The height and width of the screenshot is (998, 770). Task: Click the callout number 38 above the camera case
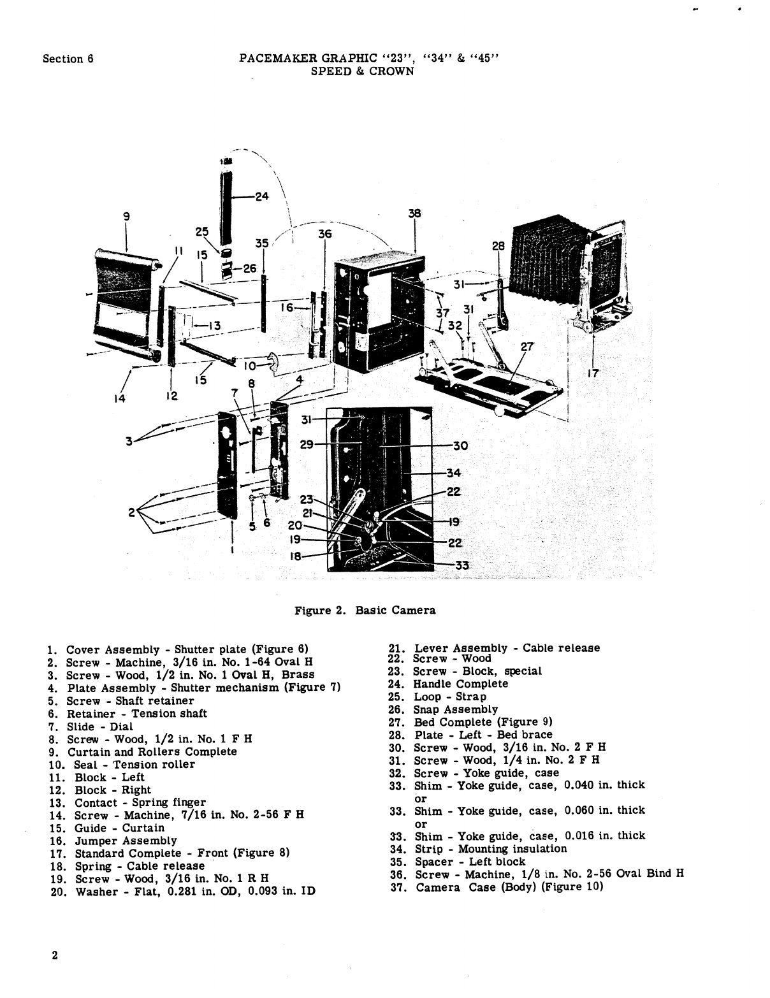[415, 214]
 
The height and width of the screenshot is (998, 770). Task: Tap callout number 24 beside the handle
[261, 197]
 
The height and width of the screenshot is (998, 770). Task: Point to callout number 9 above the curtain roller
[126, 216]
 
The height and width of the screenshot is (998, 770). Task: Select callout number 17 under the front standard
[593, 374]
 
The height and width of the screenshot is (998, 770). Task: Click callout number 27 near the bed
[527, 347]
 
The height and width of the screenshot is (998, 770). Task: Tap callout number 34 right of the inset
[453, 473]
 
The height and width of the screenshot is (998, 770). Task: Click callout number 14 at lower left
[119, 399]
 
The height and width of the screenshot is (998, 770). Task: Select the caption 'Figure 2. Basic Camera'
[365, 611]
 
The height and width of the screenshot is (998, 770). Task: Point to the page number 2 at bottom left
[55, 956]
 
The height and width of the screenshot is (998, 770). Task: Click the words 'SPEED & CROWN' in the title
[362, 71]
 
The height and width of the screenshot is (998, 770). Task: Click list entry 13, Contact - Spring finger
[127, 803]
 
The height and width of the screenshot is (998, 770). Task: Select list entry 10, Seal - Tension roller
[122, 765]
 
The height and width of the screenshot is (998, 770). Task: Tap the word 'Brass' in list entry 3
[298, 675]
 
